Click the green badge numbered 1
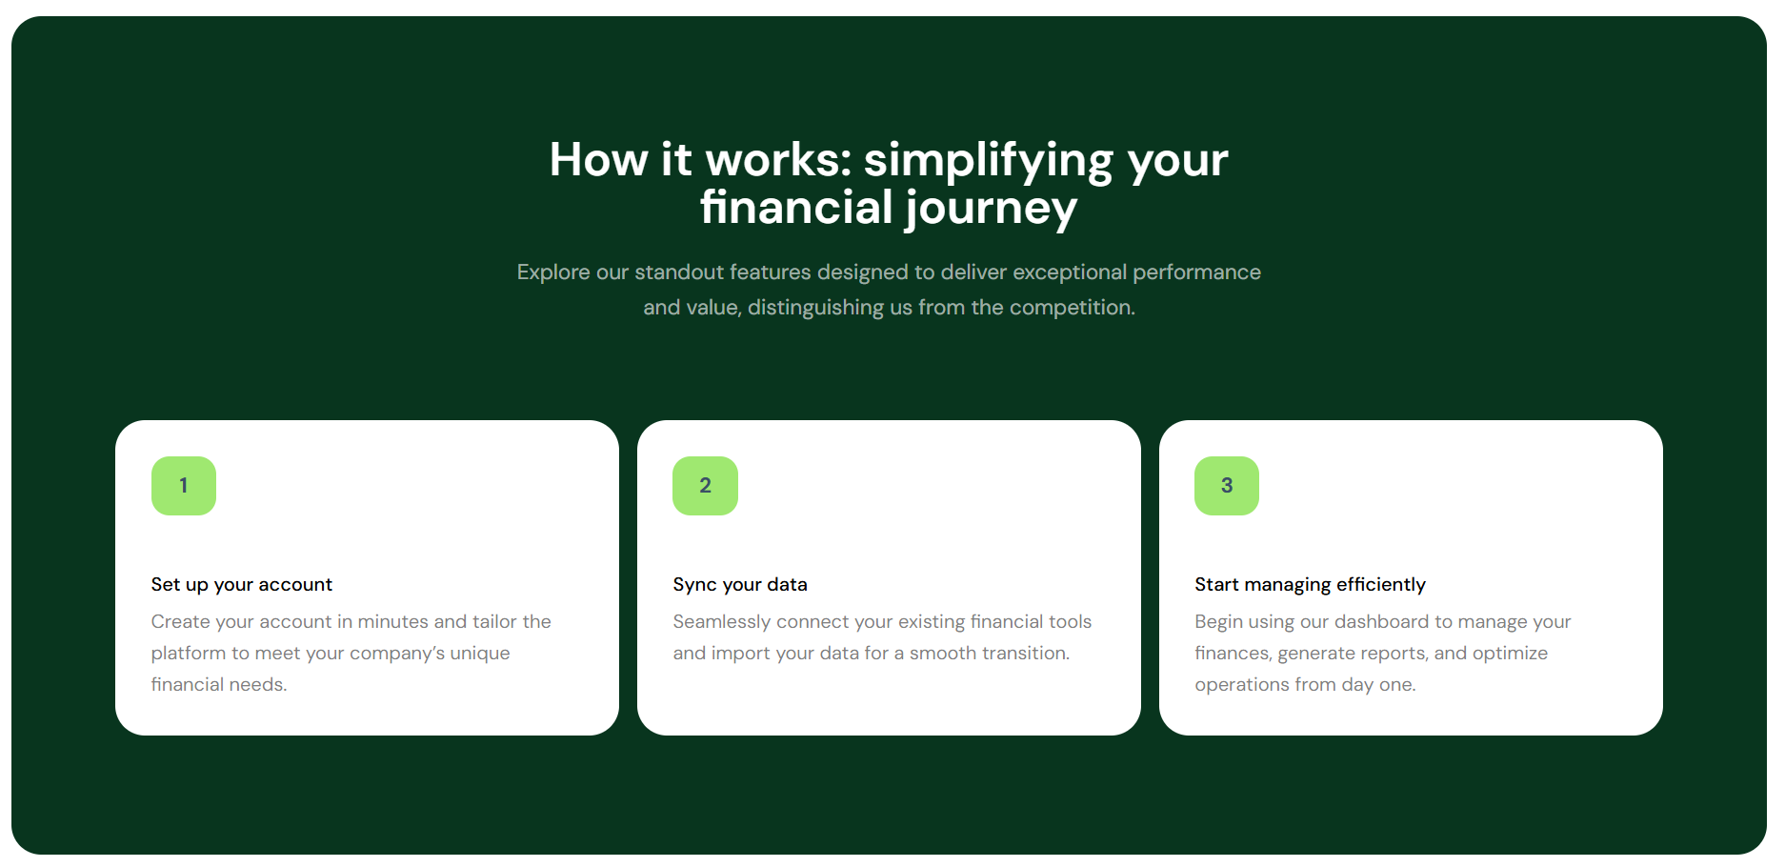pyautogui.click(x=184, y=486)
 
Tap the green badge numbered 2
pyautogui.click(x=705, y=486)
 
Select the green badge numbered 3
pyautogui.click(x=1227, y=486)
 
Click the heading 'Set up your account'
pyautogui.click(x=242, y=585)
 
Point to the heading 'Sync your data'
pyautogui.click(x=740, y=585)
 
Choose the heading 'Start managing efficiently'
pyautogui.click(x=1311, y=585)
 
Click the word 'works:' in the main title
pyautogui.click(x=778, y=159)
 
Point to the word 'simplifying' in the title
pyautogui.click(x=989, y=161)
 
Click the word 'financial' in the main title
pyautogui.click(x=796, y=207)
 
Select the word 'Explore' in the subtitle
pyautogui.click(x=553, y=272)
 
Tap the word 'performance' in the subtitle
pyautogui.click(x=1196, y=272)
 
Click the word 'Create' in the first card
pyautogui.click(x=180, y=622)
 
